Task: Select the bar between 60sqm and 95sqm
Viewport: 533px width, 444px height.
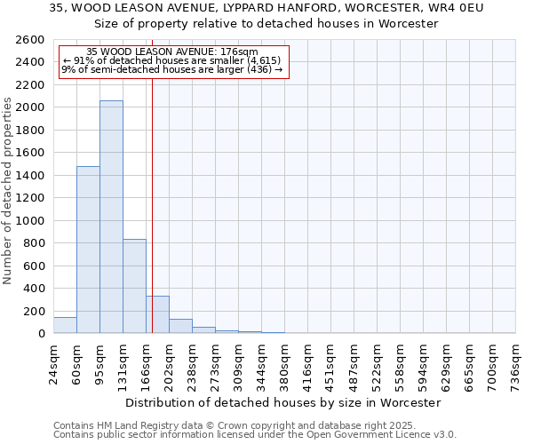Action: (88, 250)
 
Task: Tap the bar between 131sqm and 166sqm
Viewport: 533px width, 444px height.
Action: (134, 286)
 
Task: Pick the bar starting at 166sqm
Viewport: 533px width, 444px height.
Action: (157, 314)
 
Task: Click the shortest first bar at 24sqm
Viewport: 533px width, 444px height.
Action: (65, 325)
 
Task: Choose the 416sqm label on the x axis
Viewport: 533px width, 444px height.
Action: (307, 364)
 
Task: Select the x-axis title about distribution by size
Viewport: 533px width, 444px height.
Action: (283, 402)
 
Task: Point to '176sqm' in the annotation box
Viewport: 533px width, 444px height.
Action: (239, 52)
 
